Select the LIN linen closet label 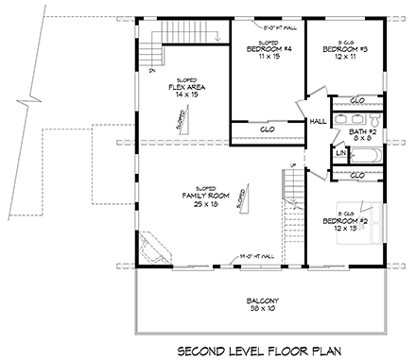click(338, 151)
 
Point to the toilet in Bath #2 click(374, 122)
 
